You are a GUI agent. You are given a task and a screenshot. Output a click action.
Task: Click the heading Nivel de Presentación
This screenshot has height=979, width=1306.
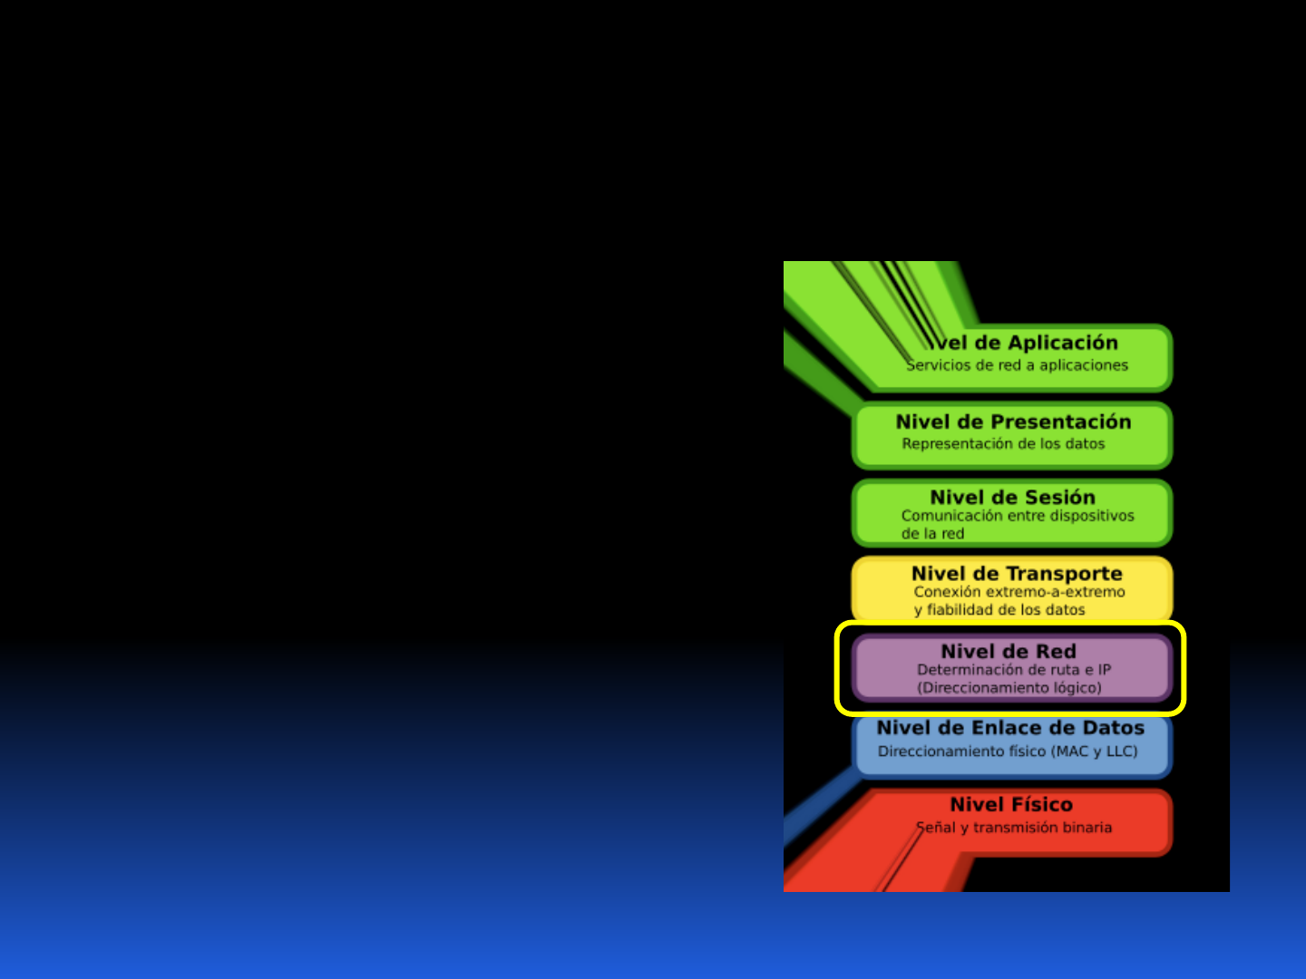coord(1013,422)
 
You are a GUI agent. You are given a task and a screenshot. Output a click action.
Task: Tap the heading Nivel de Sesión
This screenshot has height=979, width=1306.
coord(1012,498)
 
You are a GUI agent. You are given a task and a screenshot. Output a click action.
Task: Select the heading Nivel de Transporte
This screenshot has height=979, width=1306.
coord(1017,574)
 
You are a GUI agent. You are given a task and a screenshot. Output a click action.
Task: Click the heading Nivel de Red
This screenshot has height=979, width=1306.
coord(1009,652)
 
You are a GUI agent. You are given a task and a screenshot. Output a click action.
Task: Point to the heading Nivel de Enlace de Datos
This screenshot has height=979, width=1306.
coord(1010,728)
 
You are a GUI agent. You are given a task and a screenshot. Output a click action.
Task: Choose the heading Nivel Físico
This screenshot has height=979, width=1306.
coord(1011,805)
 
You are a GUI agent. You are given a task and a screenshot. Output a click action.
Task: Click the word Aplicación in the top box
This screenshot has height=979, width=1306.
coord(1063,343)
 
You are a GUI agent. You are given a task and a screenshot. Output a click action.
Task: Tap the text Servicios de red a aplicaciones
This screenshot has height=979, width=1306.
coord(1018,365)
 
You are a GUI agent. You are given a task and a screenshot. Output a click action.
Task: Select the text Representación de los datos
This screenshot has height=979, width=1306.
coord(1003,444)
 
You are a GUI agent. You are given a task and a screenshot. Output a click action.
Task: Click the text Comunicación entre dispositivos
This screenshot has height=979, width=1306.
coord(1018,516)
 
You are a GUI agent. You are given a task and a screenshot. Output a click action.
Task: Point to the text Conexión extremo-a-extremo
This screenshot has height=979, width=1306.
coord(1019,592)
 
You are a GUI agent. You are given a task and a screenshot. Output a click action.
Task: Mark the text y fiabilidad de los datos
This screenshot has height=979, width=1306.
coord(999,610)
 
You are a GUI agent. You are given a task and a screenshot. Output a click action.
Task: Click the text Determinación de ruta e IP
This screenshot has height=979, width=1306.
coord(1014,670)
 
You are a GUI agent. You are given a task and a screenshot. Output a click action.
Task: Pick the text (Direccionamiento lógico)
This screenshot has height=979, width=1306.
coord(1009,688)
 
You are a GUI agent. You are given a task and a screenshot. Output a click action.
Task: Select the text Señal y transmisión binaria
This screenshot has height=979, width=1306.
coord(1014,828)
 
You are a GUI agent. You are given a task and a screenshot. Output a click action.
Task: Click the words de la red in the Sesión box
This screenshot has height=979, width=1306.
coord(932,534)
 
